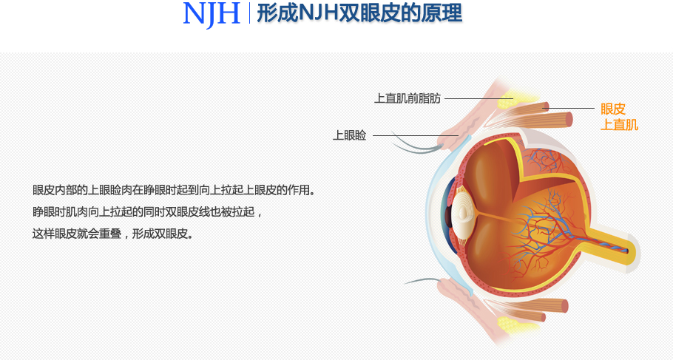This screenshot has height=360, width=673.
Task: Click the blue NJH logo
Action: click(212, 14)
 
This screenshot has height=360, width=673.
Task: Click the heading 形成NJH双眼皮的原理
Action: click(359, 13)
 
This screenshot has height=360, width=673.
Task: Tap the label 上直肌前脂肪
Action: click(407, 98)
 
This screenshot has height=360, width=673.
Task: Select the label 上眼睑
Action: click(349, 135)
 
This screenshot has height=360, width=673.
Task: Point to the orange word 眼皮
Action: click(612, 109)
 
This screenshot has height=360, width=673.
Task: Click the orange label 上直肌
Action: click(619, 125)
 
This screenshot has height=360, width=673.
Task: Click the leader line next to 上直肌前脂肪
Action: click(478, 98)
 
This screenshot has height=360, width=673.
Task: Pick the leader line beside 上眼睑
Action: click(416, 135)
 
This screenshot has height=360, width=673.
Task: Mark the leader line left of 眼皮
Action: click(568, 108)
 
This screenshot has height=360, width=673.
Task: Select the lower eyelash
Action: click(422, 281)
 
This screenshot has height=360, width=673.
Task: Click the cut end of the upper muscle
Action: click(569, 119)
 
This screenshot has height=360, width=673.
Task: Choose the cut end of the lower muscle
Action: click(564, 306)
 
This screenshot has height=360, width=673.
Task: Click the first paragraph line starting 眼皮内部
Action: click(174, 190)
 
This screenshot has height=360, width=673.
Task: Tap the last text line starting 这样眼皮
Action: click(113, 234)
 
